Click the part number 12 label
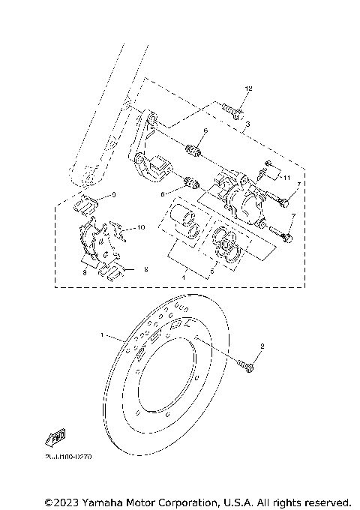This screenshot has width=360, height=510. [248, 89]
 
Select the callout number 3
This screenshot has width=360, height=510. [247, 123]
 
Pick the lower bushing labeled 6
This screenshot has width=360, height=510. [191, 183]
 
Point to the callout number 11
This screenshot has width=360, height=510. [286, 178]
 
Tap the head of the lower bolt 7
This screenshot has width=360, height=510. [287, 238]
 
